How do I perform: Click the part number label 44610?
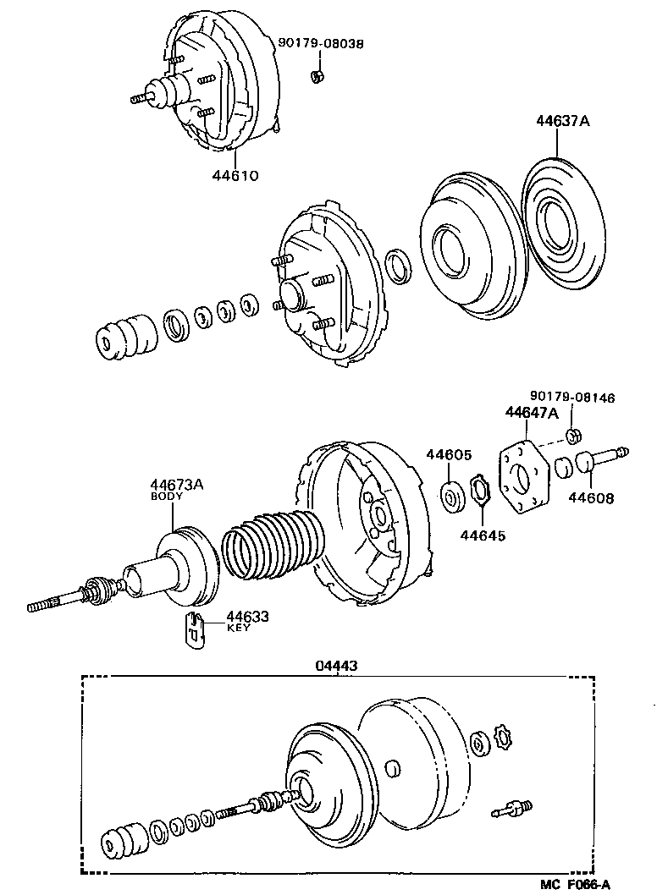coord(235,177)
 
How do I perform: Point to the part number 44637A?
coord(561,121)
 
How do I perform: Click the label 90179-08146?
coord(572,398)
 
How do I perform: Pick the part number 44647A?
coord(532,413)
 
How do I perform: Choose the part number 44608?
coord(591,498)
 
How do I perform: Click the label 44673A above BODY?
coord(177,485)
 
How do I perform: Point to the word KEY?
coord(237,629)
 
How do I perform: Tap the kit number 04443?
coord(336,666)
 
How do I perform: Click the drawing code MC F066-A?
coord(576,885)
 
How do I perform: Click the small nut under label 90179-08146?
coord(572,437)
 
